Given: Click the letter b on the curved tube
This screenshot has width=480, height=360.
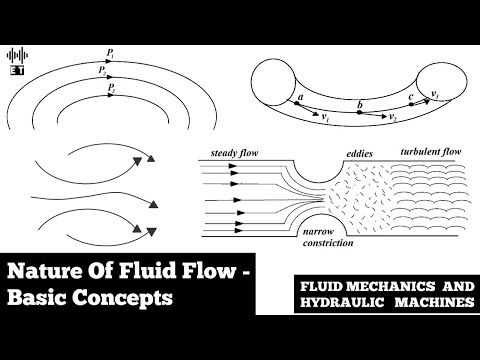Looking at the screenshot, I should click(x=359, y=103).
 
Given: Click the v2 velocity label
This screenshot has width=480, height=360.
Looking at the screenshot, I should click(x=395, y=117).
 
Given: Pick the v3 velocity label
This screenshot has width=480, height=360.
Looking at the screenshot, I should click(x=434, y=94).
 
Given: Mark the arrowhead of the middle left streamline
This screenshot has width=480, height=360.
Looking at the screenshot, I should click(x=155, y=203).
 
